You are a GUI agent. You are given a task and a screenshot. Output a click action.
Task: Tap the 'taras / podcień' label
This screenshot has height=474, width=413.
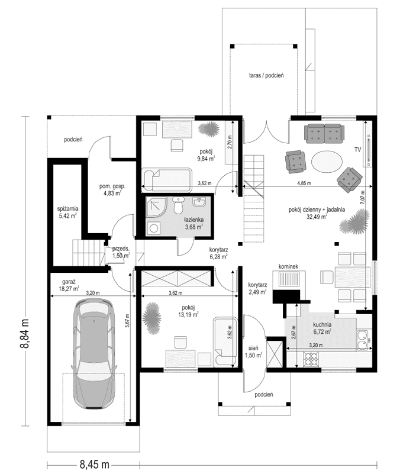pyautogui.click(x=266, y=76)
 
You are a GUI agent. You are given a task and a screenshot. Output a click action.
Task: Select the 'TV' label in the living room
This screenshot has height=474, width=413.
pyautogui.click(x=357, y=150)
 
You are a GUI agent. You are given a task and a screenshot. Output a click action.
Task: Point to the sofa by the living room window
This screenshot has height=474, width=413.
pyautogui.click(x=323, y=133)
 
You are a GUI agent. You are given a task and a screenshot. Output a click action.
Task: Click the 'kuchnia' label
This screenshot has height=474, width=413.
pyautogui.click(x=322, y=325)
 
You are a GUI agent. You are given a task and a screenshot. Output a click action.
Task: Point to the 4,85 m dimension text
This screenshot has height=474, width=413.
pyautogui.click(x=306, y=183)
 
